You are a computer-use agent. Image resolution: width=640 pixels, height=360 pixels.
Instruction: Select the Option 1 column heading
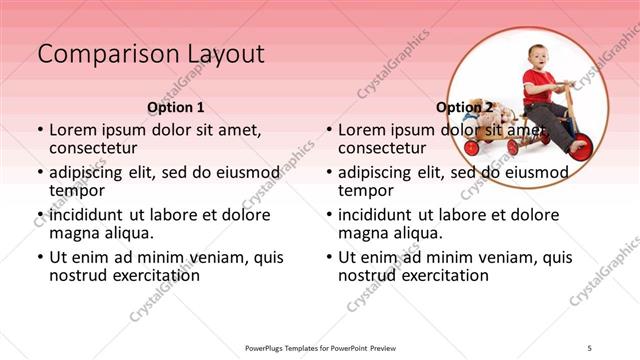click(176, 107)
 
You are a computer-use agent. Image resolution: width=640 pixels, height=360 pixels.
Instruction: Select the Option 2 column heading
click(464, 107)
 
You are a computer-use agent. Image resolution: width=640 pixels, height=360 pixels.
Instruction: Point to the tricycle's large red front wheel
click(579, 146)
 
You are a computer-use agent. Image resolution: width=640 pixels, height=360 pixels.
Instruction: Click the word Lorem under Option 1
click(73, 130)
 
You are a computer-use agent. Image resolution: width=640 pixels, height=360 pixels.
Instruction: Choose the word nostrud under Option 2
click(366, 275)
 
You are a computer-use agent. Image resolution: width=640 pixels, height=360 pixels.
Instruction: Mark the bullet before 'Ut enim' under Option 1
click(39, 258)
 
